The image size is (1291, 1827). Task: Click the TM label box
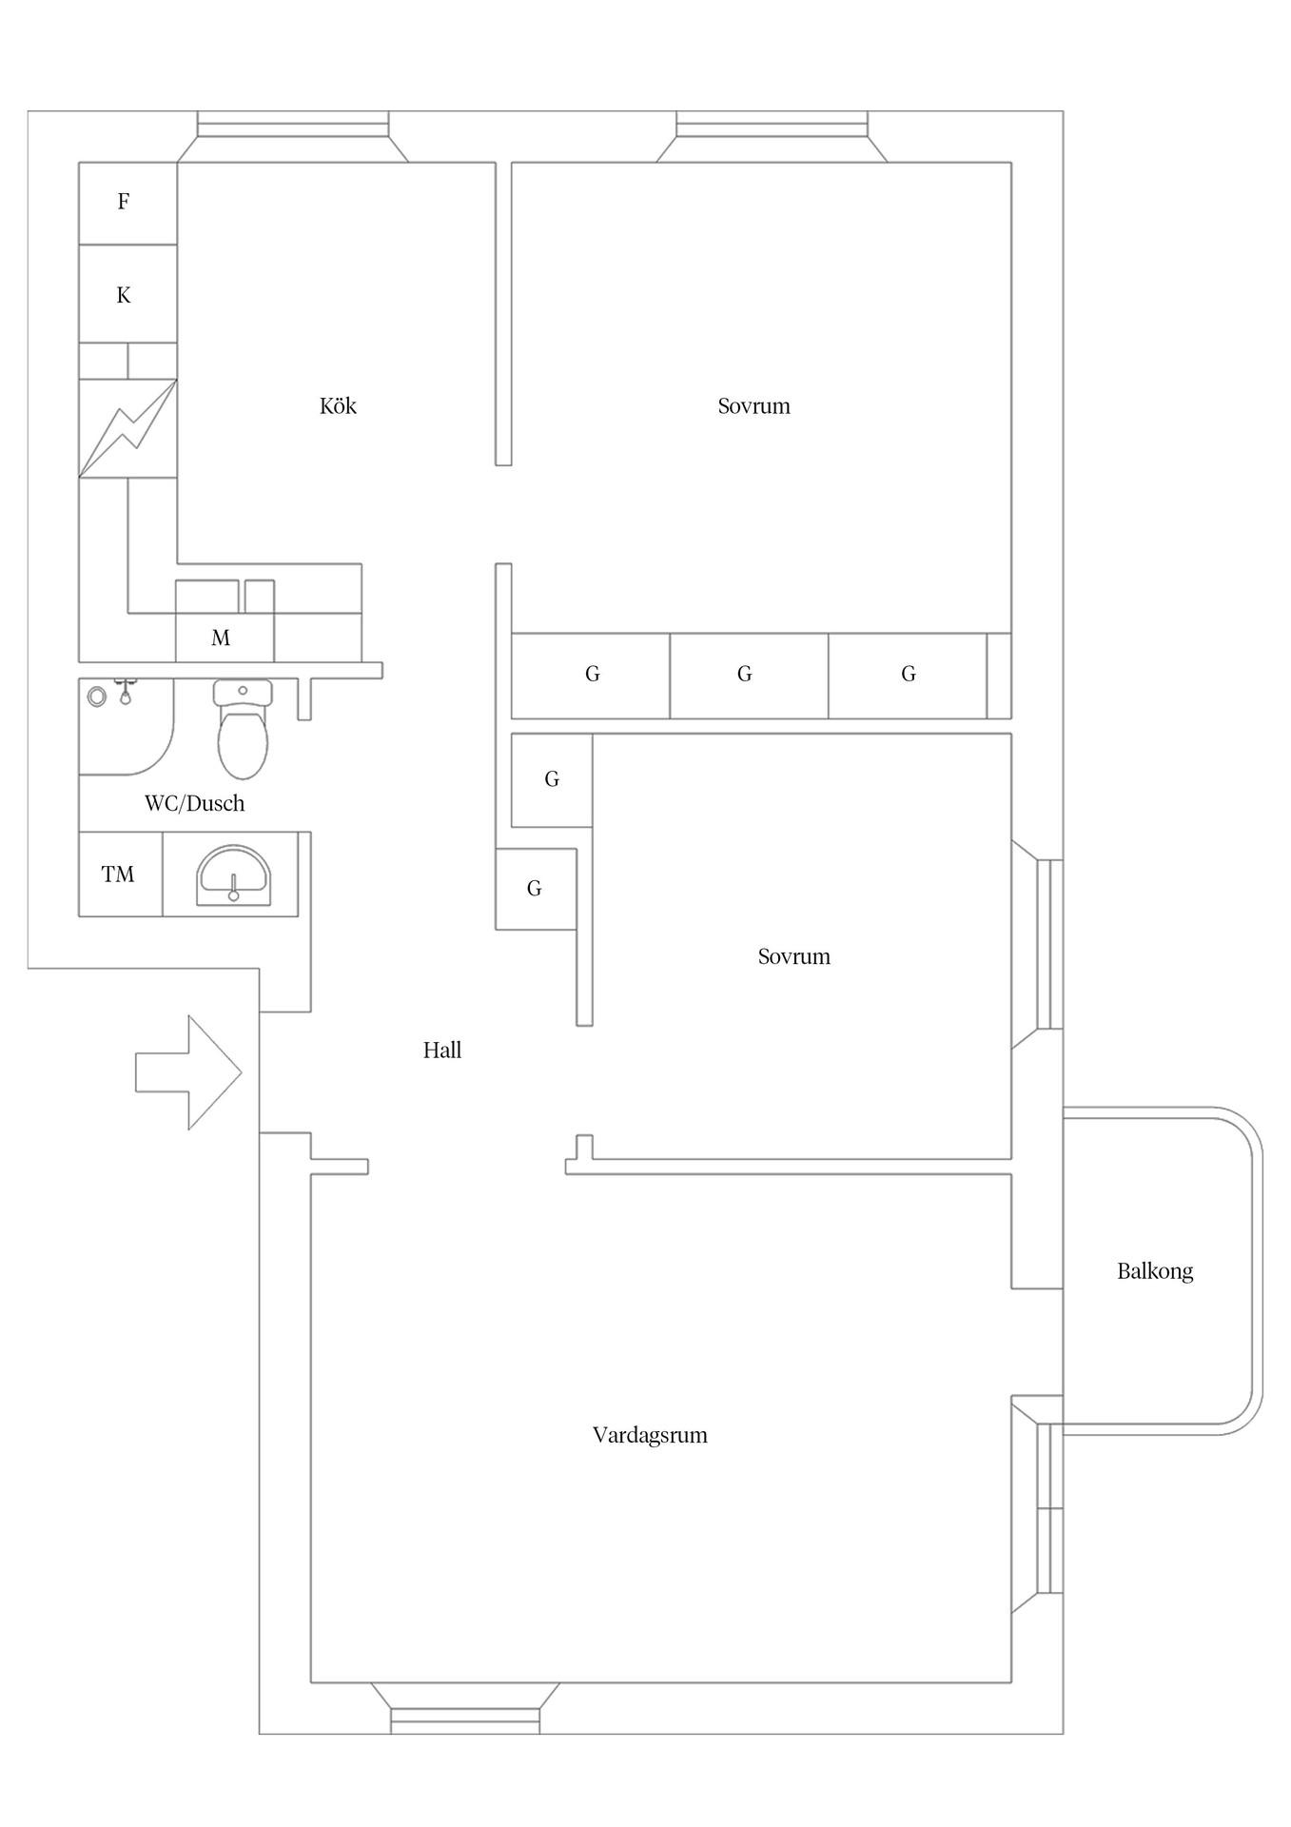(119, 874)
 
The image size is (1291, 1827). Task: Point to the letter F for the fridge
(124, 202)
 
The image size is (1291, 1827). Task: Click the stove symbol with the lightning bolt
(127, 428)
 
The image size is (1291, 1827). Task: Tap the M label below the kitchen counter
(221, 638)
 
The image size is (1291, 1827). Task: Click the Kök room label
(338, 406)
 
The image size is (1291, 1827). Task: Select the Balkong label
(1154, 1271)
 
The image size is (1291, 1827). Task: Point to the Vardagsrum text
(650, 1435)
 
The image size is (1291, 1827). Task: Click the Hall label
(442, 1051)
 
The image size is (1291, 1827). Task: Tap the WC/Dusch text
(195, 804)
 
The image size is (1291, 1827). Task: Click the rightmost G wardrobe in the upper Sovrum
(908, 675)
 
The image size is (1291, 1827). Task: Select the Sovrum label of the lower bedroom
(793, 957)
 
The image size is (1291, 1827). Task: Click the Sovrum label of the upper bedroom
(753, 406)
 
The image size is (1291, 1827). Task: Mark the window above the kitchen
(293, 125)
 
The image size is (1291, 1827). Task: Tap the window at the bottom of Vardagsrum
(465, 1719)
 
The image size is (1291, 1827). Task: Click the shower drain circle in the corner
(96, 697)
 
